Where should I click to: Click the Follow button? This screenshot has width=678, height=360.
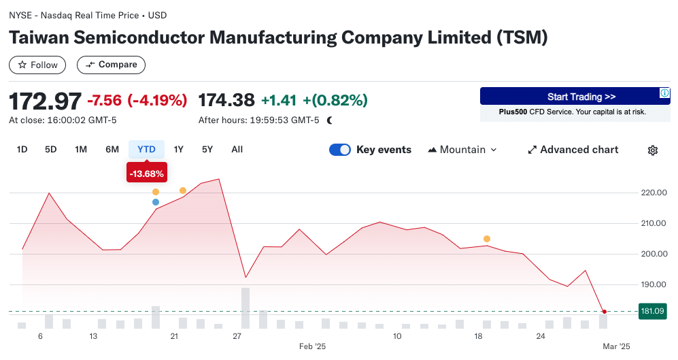(37, 65)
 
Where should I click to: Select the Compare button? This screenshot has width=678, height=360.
(111, 65)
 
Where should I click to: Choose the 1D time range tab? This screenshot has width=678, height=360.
(22, 150)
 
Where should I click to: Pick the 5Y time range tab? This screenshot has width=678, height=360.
(207, 150)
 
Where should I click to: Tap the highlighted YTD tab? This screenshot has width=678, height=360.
(146, 150)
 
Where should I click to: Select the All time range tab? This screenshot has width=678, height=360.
(237, 150)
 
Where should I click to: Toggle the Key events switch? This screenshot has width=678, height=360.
(340, 150)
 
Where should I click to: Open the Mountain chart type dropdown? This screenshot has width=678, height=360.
(462, 150)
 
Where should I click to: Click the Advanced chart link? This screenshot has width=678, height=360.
(573, 150)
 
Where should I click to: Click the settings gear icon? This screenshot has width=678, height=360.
(653, 150)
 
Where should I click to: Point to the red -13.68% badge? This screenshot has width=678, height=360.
(146, 174)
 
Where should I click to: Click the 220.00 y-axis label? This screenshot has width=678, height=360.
(653, 193)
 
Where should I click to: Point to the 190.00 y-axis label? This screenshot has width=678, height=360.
(653, 284)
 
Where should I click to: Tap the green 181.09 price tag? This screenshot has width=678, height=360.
(653, 312)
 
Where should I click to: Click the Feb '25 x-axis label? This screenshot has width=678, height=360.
(313, 346)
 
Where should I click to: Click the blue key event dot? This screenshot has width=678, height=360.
(156, 202)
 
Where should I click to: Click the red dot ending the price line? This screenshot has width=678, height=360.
(605, 312)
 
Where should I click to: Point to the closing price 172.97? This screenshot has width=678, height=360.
(45, 101)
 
